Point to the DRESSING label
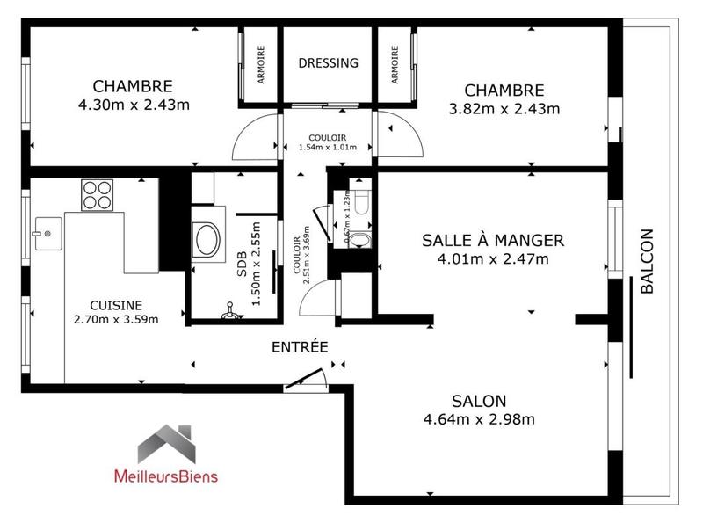(x=329, y=63)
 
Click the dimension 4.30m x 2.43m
(x=133, y=105)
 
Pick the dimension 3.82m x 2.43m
(x=504, y=109)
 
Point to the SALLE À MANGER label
(x=492, y=240)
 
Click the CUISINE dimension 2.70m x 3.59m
(x=116, y=318)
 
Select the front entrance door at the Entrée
(x=306, y=380)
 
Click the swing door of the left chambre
(x=255, y=137)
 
